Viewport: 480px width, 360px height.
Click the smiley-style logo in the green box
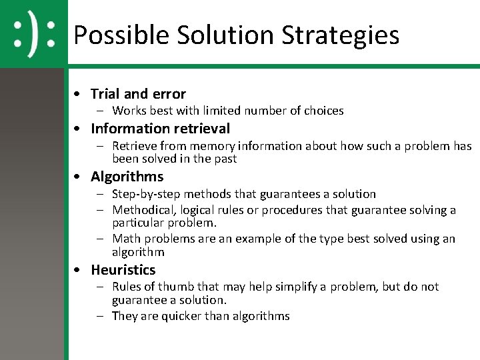(33, 34)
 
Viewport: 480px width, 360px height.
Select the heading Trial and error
(138, 94)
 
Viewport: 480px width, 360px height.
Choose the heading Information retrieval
(160, 129)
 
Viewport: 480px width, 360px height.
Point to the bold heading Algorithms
(127, 177)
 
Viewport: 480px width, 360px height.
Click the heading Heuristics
(123, 270)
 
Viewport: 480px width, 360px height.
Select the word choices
(323, 111)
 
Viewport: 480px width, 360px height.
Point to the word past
(224, 159)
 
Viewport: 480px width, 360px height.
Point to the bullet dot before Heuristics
(79, 270)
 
